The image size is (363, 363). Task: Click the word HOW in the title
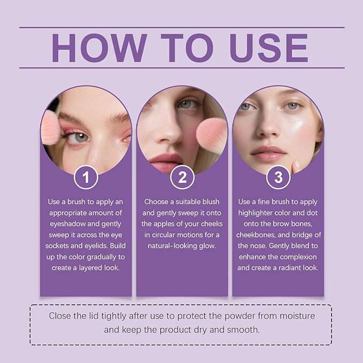[x=99, y=48]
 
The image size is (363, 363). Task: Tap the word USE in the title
[x=268, y=48]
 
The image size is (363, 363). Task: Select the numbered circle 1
[x=86, y=177]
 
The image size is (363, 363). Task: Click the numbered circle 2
[x=182, y=177]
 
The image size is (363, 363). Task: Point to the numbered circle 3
[x=278, y=177]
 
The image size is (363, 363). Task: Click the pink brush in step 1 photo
[x=50, y=128]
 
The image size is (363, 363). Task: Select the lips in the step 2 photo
[x=167, y=163]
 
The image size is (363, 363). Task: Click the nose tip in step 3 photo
[x=265, y=132]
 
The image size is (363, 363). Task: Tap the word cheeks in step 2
[x=212, y=224]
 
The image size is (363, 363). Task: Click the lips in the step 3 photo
[x=268, y=153]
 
